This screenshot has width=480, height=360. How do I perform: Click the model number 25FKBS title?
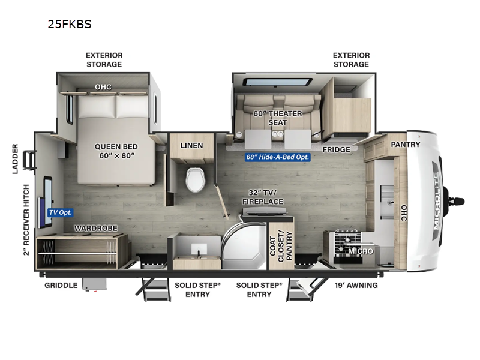point(69,25)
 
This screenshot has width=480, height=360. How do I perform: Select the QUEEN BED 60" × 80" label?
point(116,151)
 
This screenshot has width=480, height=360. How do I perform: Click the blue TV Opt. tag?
point(59,212)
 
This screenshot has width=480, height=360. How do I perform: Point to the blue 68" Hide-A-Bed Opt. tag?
point(277,158)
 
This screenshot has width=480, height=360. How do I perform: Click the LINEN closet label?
point(192,145)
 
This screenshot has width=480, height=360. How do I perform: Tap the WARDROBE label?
point(95,228)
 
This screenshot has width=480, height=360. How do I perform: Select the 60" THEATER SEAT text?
point(278,118)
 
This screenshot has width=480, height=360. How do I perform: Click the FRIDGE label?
point(336,149)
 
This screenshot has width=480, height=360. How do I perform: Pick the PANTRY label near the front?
point(406,145)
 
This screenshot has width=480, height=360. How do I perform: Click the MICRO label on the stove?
point(361,251)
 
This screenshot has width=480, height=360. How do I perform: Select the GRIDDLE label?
point(61,285)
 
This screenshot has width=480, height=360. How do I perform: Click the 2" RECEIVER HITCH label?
point(26,220)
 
